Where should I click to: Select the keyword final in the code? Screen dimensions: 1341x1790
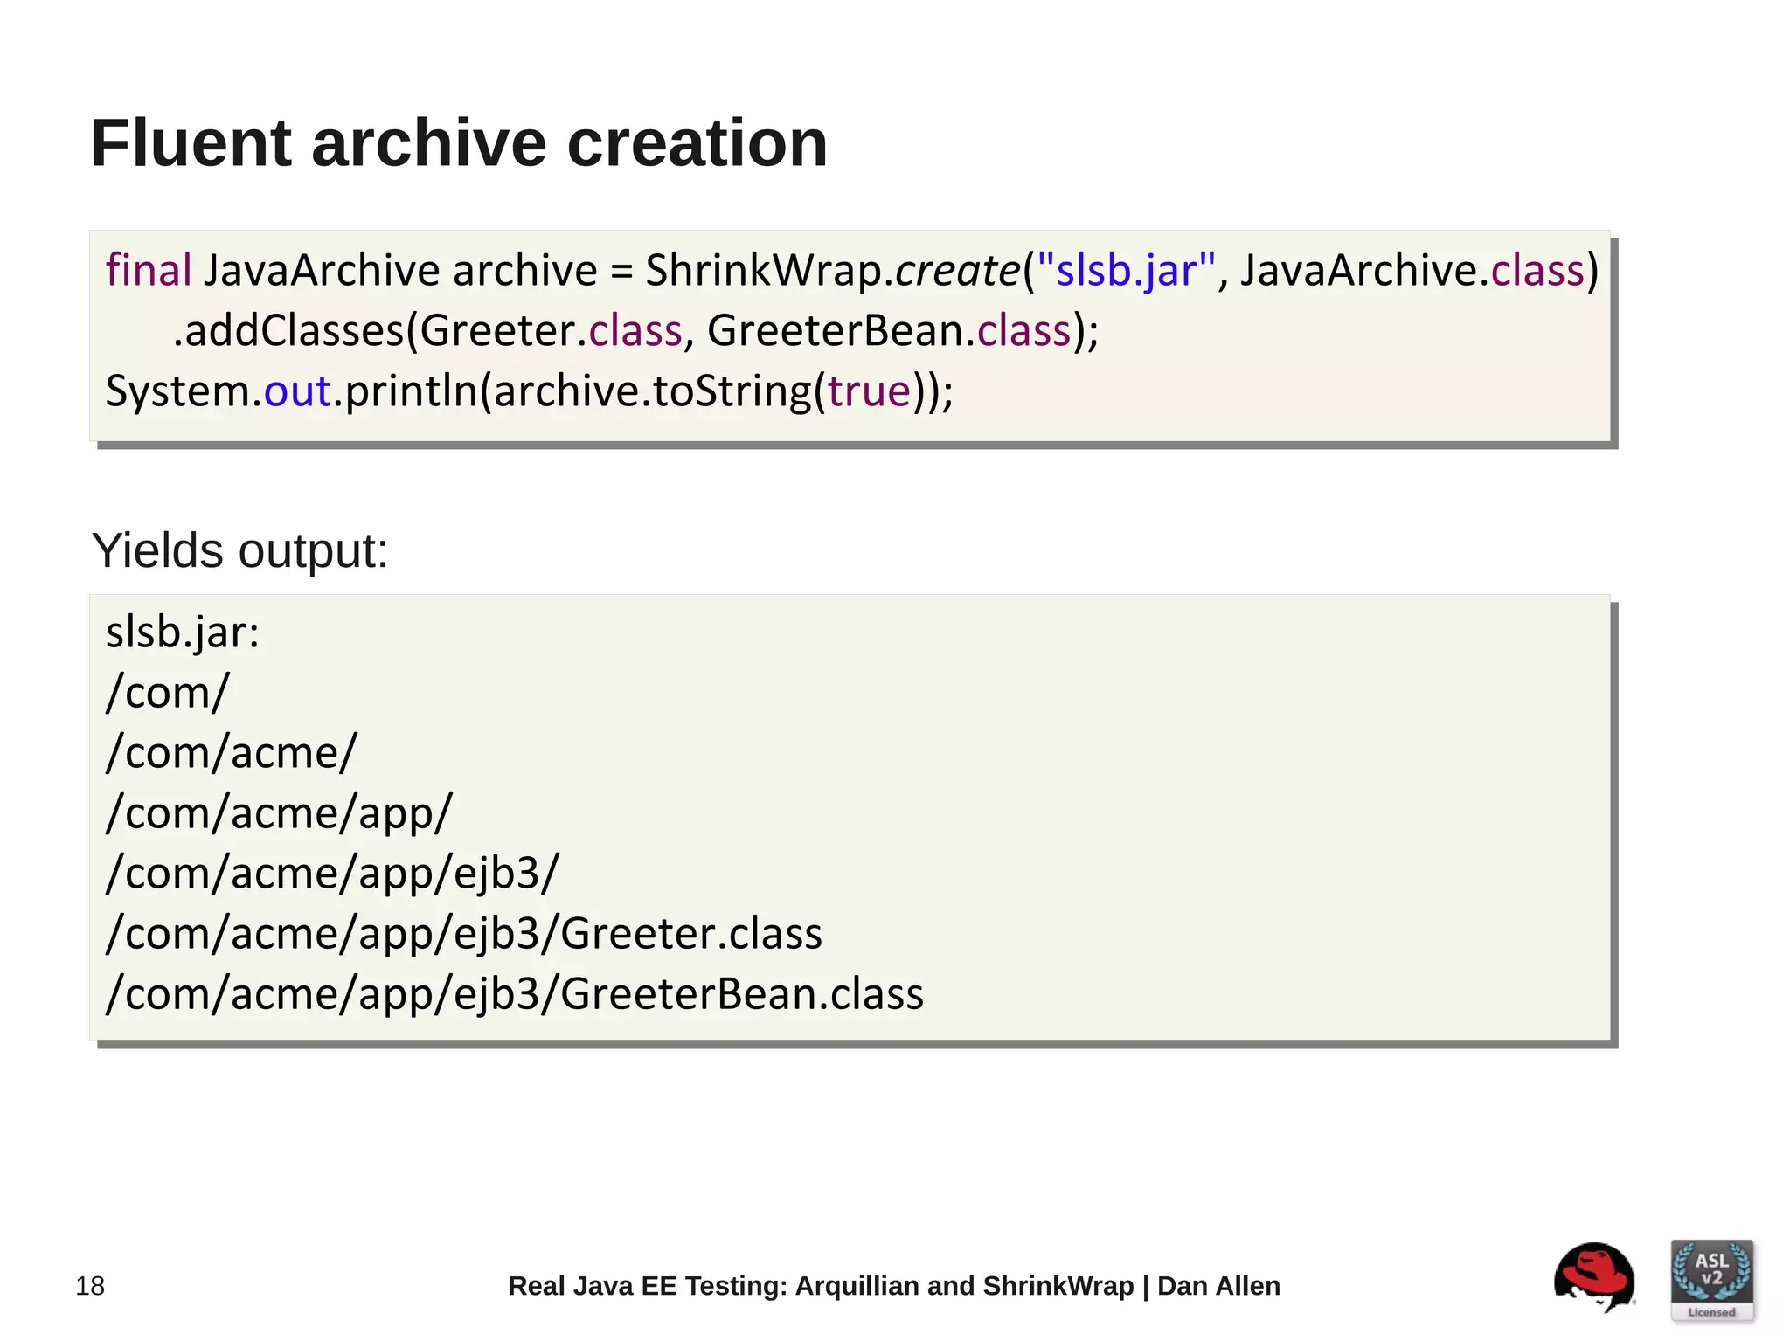148,270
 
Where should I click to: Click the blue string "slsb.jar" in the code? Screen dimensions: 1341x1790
1126,270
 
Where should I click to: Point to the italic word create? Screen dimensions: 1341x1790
957,270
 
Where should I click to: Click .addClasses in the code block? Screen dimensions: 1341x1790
288,331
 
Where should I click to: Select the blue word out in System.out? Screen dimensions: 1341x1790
297,391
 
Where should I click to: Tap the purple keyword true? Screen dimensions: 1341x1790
869,391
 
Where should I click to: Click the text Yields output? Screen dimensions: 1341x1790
239,551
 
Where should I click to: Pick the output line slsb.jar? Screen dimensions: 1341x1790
183,632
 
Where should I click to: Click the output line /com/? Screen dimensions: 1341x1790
167,692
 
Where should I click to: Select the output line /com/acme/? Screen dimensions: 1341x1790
232,752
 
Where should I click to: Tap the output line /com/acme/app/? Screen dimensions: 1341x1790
279,812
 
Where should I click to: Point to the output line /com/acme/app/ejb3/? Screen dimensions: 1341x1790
332,873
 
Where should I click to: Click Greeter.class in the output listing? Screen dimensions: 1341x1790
690,933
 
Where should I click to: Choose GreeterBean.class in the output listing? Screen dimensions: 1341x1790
741,993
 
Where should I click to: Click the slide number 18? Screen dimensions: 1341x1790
90,1286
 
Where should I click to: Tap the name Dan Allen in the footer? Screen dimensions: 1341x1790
1218,1286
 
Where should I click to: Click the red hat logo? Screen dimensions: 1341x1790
1593,1277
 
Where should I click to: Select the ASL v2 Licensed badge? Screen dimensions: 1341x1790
1711,1280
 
